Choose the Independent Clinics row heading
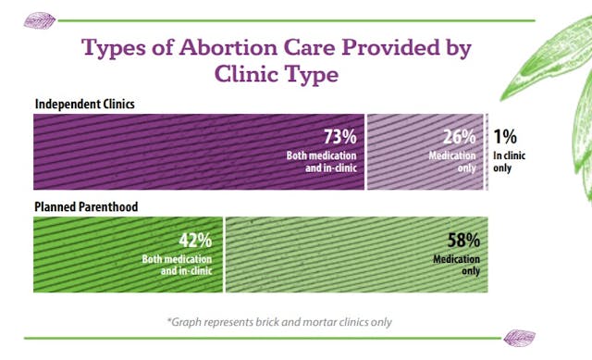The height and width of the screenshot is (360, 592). (x=84, y=104)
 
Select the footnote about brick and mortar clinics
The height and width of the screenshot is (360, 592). (x=280, y=322)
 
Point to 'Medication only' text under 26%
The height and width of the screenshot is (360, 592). (x=453, y=161)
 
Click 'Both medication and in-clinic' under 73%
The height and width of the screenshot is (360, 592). (x=321, y=161)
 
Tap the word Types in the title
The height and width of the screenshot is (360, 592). (x=117, y=46)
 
